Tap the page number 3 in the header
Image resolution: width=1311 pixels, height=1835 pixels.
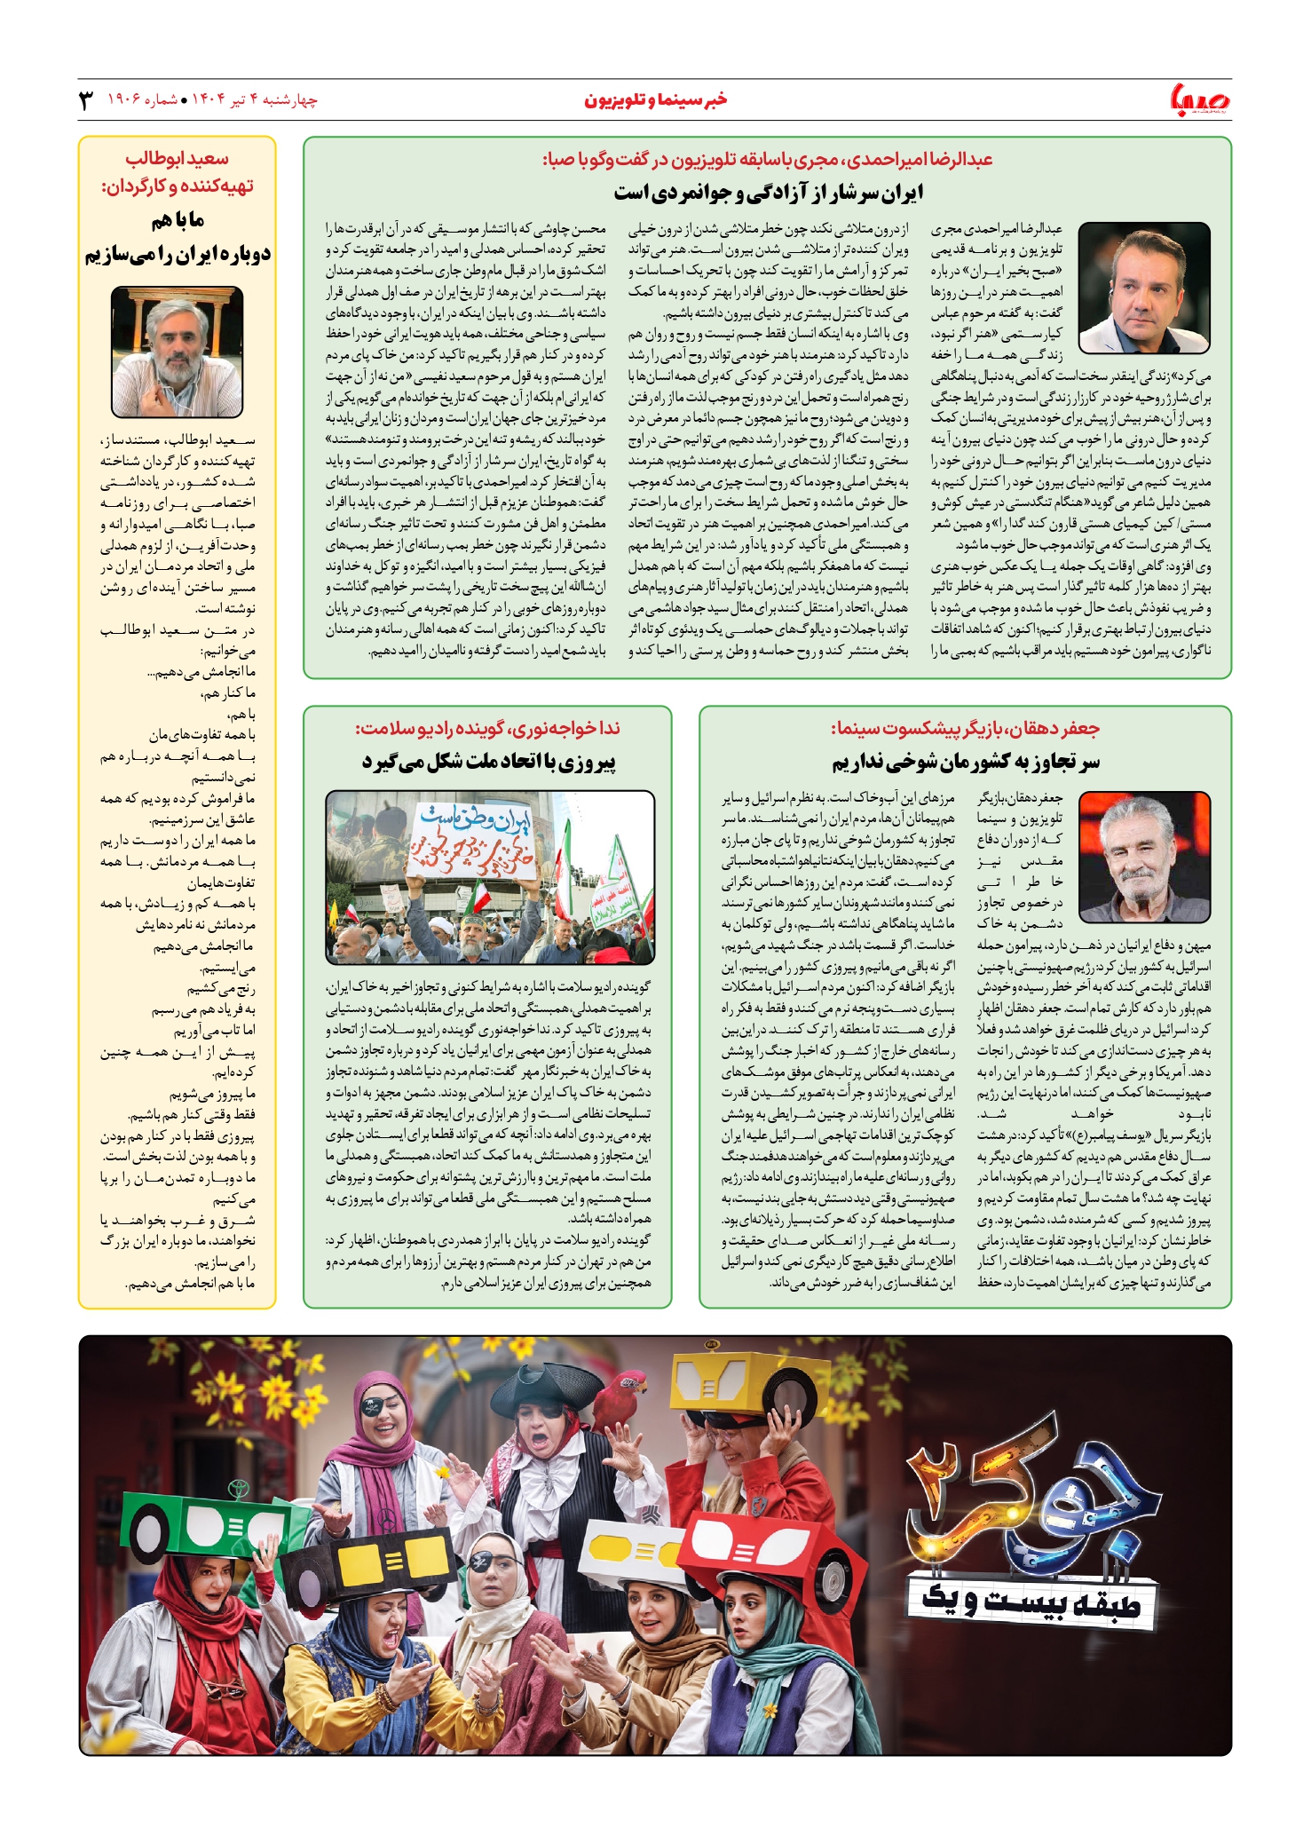tap(86, 100)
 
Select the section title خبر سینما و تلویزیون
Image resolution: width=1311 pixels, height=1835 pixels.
tap(655, 100)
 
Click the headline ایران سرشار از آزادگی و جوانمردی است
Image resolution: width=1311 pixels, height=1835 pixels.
tap(768, 193)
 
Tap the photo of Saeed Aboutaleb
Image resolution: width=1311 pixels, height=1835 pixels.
tap(177, 352)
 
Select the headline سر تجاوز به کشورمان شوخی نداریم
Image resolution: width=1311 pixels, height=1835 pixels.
tap(965, 762)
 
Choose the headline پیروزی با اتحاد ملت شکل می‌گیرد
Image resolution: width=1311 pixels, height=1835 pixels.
tap(489, 762)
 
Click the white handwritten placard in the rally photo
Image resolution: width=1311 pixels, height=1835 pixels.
tap(472, 841)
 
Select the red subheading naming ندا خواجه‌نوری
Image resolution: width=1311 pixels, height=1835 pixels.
tap(487, 729)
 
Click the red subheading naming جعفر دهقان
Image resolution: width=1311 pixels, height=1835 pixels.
tap(965, 729)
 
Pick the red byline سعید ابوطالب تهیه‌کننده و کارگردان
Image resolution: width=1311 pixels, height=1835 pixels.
tap(178, 172)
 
